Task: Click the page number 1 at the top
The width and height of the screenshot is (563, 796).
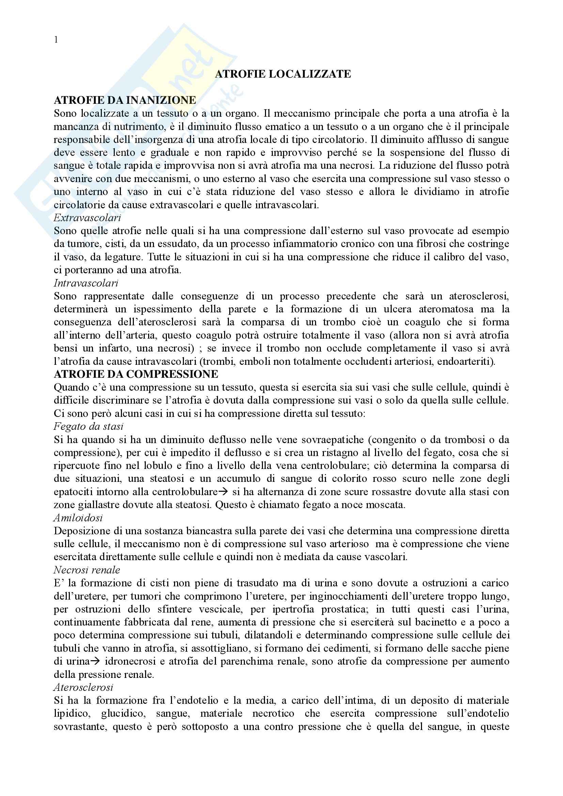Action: [56, 40]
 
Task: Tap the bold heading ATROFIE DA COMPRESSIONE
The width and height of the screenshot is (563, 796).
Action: [136, 374]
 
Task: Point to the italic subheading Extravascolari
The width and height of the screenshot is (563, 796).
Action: [88, 218]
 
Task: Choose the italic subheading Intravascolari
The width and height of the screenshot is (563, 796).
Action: [86, 283]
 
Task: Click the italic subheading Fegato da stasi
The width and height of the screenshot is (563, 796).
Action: [89, 426]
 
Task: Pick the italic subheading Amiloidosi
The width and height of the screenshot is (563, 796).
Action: [78, 518]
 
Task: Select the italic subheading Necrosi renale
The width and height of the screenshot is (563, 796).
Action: [87, 570]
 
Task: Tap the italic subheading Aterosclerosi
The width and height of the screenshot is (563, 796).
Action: [83, 687]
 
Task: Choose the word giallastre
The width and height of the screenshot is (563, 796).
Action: [91, 505]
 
